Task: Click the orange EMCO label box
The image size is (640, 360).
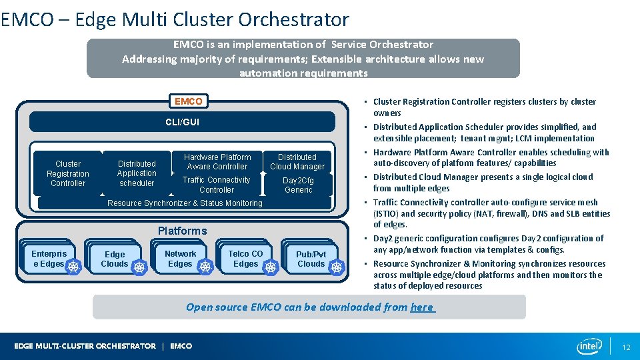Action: pos(188,101)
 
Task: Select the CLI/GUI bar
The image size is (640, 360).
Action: pos(182,122)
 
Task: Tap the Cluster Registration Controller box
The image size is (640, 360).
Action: pos(67,173)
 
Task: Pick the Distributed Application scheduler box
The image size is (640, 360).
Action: pos(137,173)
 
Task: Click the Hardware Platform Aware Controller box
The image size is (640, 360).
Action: pos(217,162)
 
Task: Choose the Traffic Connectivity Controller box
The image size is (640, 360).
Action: pos(217,185)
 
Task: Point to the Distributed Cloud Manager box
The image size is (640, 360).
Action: pos(297,162)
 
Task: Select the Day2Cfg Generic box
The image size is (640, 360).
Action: pos(298,185)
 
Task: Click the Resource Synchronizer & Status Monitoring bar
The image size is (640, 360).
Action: pos(185,203)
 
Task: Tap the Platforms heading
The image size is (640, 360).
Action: pos(182,231)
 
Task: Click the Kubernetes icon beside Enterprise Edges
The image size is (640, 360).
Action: pos(73,266)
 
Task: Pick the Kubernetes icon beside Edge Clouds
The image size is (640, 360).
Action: pos(139,267)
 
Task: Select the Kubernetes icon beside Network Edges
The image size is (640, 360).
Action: pos(205,267)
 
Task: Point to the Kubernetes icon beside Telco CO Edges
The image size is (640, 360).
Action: pos(271,267)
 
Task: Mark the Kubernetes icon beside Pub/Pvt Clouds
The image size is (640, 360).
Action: pos(337,267)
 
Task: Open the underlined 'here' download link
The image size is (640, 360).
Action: pos(421,307)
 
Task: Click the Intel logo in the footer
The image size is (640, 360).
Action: pos(589,346)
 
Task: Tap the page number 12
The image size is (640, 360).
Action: pos(625,347)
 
